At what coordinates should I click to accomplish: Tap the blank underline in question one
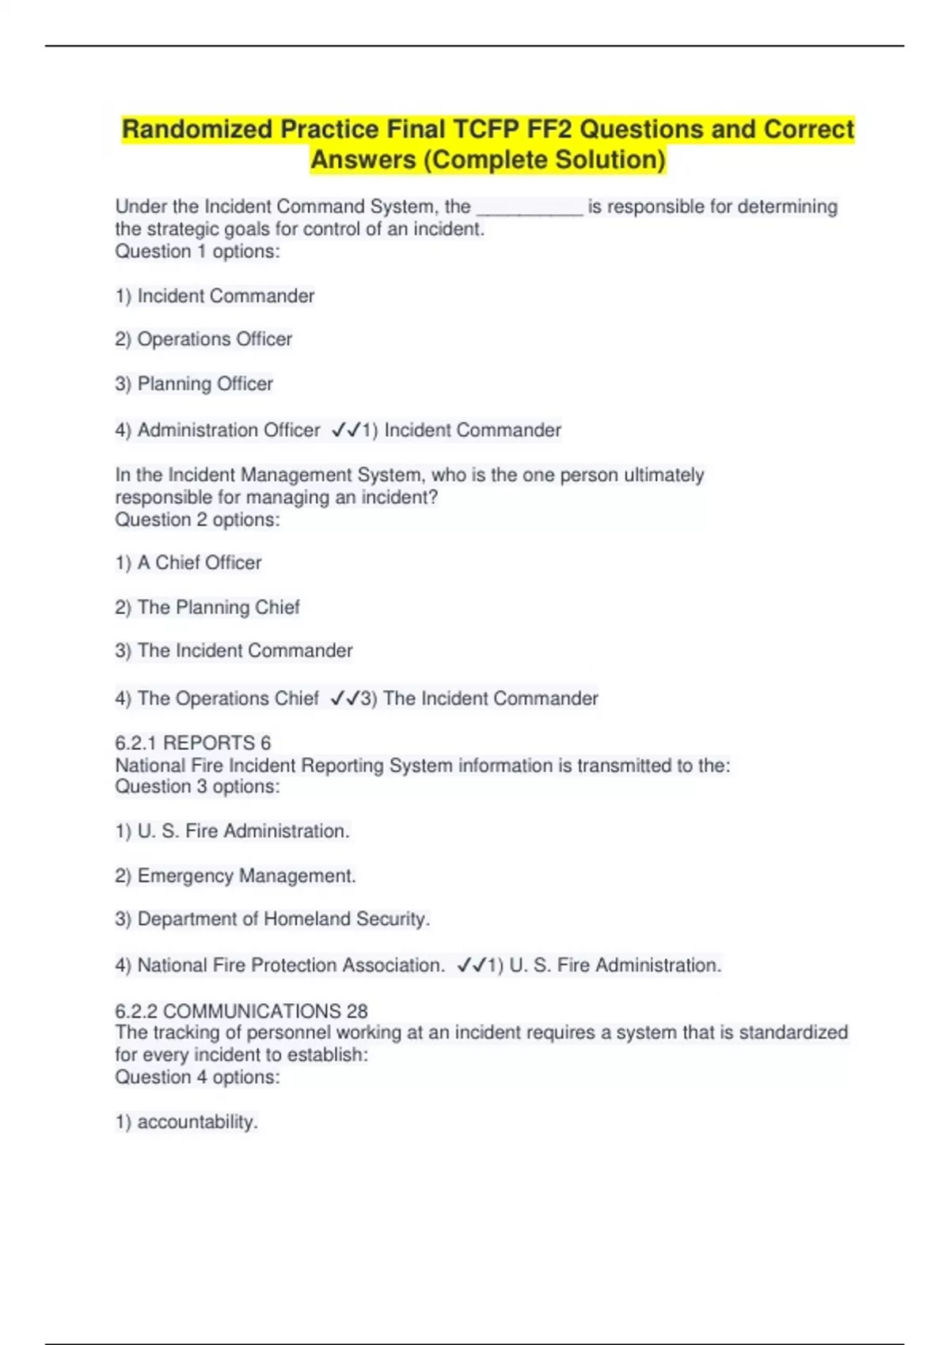pyautogui.click(x=529, y=208)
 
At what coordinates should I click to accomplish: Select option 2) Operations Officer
pyautogui.click(x=203, y=339)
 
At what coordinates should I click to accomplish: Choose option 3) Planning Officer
pyautogui.click(x=194, y=384)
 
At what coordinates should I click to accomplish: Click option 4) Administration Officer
pyautogui.click(x=218, y=430)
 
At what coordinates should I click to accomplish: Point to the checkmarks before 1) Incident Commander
pyautogui.click(x=345, y=430)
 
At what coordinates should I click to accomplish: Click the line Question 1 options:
pyautogui.click(x=197, y=252)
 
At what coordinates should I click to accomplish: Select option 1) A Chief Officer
pyautogui.click(x=188, y=563)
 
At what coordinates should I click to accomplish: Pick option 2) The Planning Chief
pyautogui.click(x=207, y=608)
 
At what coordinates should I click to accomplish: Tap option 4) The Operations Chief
pyautogui.click(x=217, y=699)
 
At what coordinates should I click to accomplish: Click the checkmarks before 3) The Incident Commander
pyautogui.click(x=344, y=699)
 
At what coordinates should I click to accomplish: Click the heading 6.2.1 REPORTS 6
pyautogui.click(x=192, y=743)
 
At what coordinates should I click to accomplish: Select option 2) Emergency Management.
pyautogui.click(x=235, y=876)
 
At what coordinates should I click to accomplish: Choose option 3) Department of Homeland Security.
pyautogui.click(x=272, y=919)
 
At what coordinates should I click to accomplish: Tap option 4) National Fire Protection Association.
pyautogui.click(x=279, y=965)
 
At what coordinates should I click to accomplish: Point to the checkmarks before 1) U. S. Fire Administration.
pyautogui.click(x=471, y=965)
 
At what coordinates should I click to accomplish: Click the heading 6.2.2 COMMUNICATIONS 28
pyautogui.click(x=241, y=1011)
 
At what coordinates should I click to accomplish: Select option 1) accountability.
pyautogui.click(x=187, y=1122)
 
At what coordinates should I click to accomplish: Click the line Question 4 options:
pyautogui.click(x=197, y=1078)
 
